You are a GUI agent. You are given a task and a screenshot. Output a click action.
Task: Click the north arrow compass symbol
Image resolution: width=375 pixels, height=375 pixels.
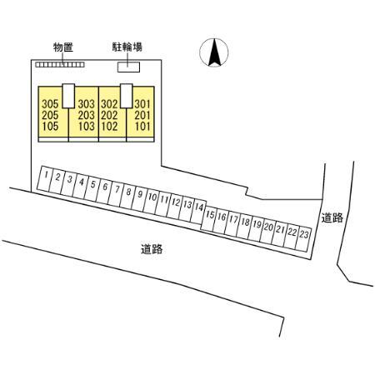[x=214, y=52]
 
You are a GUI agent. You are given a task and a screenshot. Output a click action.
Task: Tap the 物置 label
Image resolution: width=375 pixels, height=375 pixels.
[x=63, y=47]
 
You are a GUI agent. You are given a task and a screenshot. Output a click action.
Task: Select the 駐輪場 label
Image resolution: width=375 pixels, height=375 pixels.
[x=127, y=47]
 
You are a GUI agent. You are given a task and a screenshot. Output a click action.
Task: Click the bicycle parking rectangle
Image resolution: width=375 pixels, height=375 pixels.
[x=128, y=67]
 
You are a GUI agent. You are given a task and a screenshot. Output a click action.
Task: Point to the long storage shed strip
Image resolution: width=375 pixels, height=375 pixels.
[x=60, y=65]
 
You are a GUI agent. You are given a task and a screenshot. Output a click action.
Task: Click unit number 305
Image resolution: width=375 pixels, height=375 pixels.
[x=50, y=104]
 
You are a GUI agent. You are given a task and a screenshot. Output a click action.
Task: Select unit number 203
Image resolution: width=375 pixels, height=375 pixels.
[x=87, y=115]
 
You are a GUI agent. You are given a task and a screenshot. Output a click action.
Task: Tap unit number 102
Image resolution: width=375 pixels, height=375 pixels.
[x=109, y=127]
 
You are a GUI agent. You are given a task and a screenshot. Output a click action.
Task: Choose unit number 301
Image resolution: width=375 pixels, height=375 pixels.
[x=142, y=104]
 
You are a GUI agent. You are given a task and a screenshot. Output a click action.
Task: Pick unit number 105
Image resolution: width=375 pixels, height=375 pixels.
[x=50, y=127]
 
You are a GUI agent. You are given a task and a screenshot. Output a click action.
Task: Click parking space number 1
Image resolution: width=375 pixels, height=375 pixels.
[x=47, y=175]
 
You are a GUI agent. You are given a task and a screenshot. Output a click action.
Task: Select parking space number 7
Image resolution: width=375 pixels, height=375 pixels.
[x=117, y=189]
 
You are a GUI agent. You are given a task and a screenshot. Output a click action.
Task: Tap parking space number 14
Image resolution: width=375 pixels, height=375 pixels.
[x=199, y=207]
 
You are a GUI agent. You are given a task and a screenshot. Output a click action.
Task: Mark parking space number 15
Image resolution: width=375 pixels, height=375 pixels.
[x=210, y=214]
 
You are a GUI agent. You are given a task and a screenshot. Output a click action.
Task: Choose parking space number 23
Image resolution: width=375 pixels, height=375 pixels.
[x=304, y=234]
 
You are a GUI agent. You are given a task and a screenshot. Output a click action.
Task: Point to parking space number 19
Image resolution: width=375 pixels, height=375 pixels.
[x=257, y=224]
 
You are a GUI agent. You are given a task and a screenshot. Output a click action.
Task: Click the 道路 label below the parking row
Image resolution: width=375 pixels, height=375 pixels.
[x=152, y=249]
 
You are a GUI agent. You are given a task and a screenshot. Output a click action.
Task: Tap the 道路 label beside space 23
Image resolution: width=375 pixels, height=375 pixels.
[x=332, y=217]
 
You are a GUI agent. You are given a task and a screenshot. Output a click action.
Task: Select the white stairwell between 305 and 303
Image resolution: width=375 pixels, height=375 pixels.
[x=68, y=96]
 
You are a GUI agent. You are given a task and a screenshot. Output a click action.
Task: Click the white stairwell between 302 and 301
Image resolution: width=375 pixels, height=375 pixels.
[x=127, y=96]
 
